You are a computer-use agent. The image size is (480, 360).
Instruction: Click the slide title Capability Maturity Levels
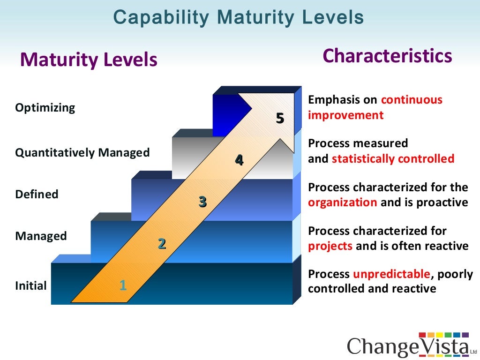239,17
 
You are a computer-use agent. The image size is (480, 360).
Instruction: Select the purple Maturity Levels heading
89,60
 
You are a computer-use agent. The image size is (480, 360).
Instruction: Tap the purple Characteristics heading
387,56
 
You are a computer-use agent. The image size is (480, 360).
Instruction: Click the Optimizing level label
45,108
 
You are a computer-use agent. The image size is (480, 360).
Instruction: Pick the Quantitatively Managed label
82,153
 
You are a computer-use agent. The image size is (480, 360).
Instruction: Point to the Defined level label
37,194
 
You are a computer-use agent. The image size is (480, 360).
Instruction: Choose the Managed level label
41,236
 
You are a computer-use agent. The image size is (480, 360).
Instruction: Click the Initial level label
31,285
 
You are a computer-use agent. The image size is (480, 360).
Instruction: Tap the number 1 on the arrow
123,285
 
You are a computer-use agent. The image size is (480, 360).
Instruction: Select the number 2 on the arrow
162,244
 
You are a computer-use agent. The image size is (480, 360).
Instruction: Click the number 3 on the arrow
202,202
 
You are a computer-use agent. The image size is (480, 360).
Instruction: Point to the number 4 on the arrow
239,160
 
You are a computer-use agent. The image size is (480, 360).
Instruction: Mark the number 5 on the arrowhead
280,119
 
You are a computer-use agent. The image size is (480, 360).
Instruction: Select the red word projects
330,246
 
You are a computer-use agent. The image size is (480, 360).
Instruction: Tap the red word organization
342,202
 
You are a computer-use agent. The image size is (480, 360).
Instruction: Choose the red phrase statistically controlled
393,159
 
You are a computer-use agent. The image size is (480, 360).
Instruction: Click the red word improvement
345,115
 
